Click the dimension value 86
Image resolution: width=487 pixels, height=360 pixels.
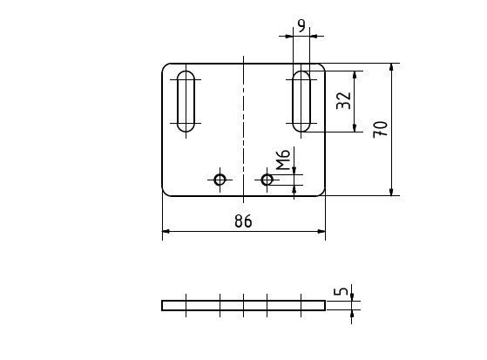(243, 221)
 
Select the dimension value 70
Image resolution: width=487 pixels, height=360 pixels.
(381, 129)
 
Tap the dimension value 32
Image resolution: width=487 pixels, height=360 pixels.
(344, 100)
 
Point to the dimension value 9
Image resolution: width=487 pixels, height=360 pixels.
(301, 26)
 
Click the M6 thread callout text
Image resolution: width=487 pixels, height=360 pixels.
(283, 160)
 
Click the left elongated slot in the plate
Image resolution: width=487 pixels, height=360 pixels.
(186, 101)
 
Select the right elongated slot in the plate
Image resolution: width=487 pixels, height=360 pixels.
(301, 101)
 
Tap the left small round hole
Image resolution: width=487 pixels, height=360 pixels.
(220, 180)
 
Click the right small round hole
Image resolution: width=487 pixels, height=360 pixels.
(267, 180)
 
